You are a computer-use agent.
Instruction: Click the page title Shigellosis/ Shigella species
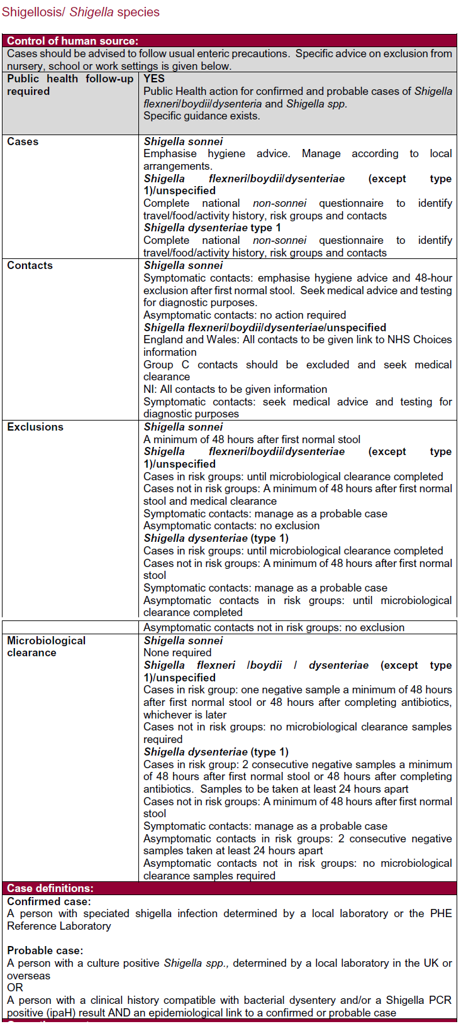click(x=81, y=12)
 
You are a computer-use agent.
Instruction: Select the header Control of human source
click(x=72, y=41)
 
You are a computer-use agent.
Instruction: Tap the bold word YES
click(x=154, y=79)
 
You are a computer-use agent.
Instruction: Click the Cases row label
click(x=23, y=141)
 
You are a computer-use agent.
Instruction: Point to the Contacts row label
click(x=30, y=265)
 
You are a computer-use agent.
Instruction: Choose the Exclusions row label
click(x=35, y=427)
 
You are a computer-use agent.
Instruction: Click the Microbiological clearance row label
click(x=46, y=646)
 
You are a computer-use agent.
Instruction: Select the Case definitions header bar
click(x=50, y=888)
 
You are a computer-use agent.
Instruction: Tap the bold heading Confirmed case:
click(x=49, y=901)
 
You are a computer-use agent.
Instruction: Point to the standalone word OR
click(x=15, y=988)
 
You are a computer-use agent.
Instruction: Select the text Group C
click(x=166, y=365)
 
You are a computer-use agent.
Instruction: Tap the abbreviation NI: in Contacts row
click(x=150, y=389)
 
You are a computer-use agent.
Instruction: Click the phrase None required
click(x=177, y=652)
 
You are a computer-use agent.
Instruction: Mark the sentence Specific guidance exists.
click(x=201, y=116)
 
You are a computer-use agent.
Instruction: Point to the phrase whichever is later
click(x=185, y=715)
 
